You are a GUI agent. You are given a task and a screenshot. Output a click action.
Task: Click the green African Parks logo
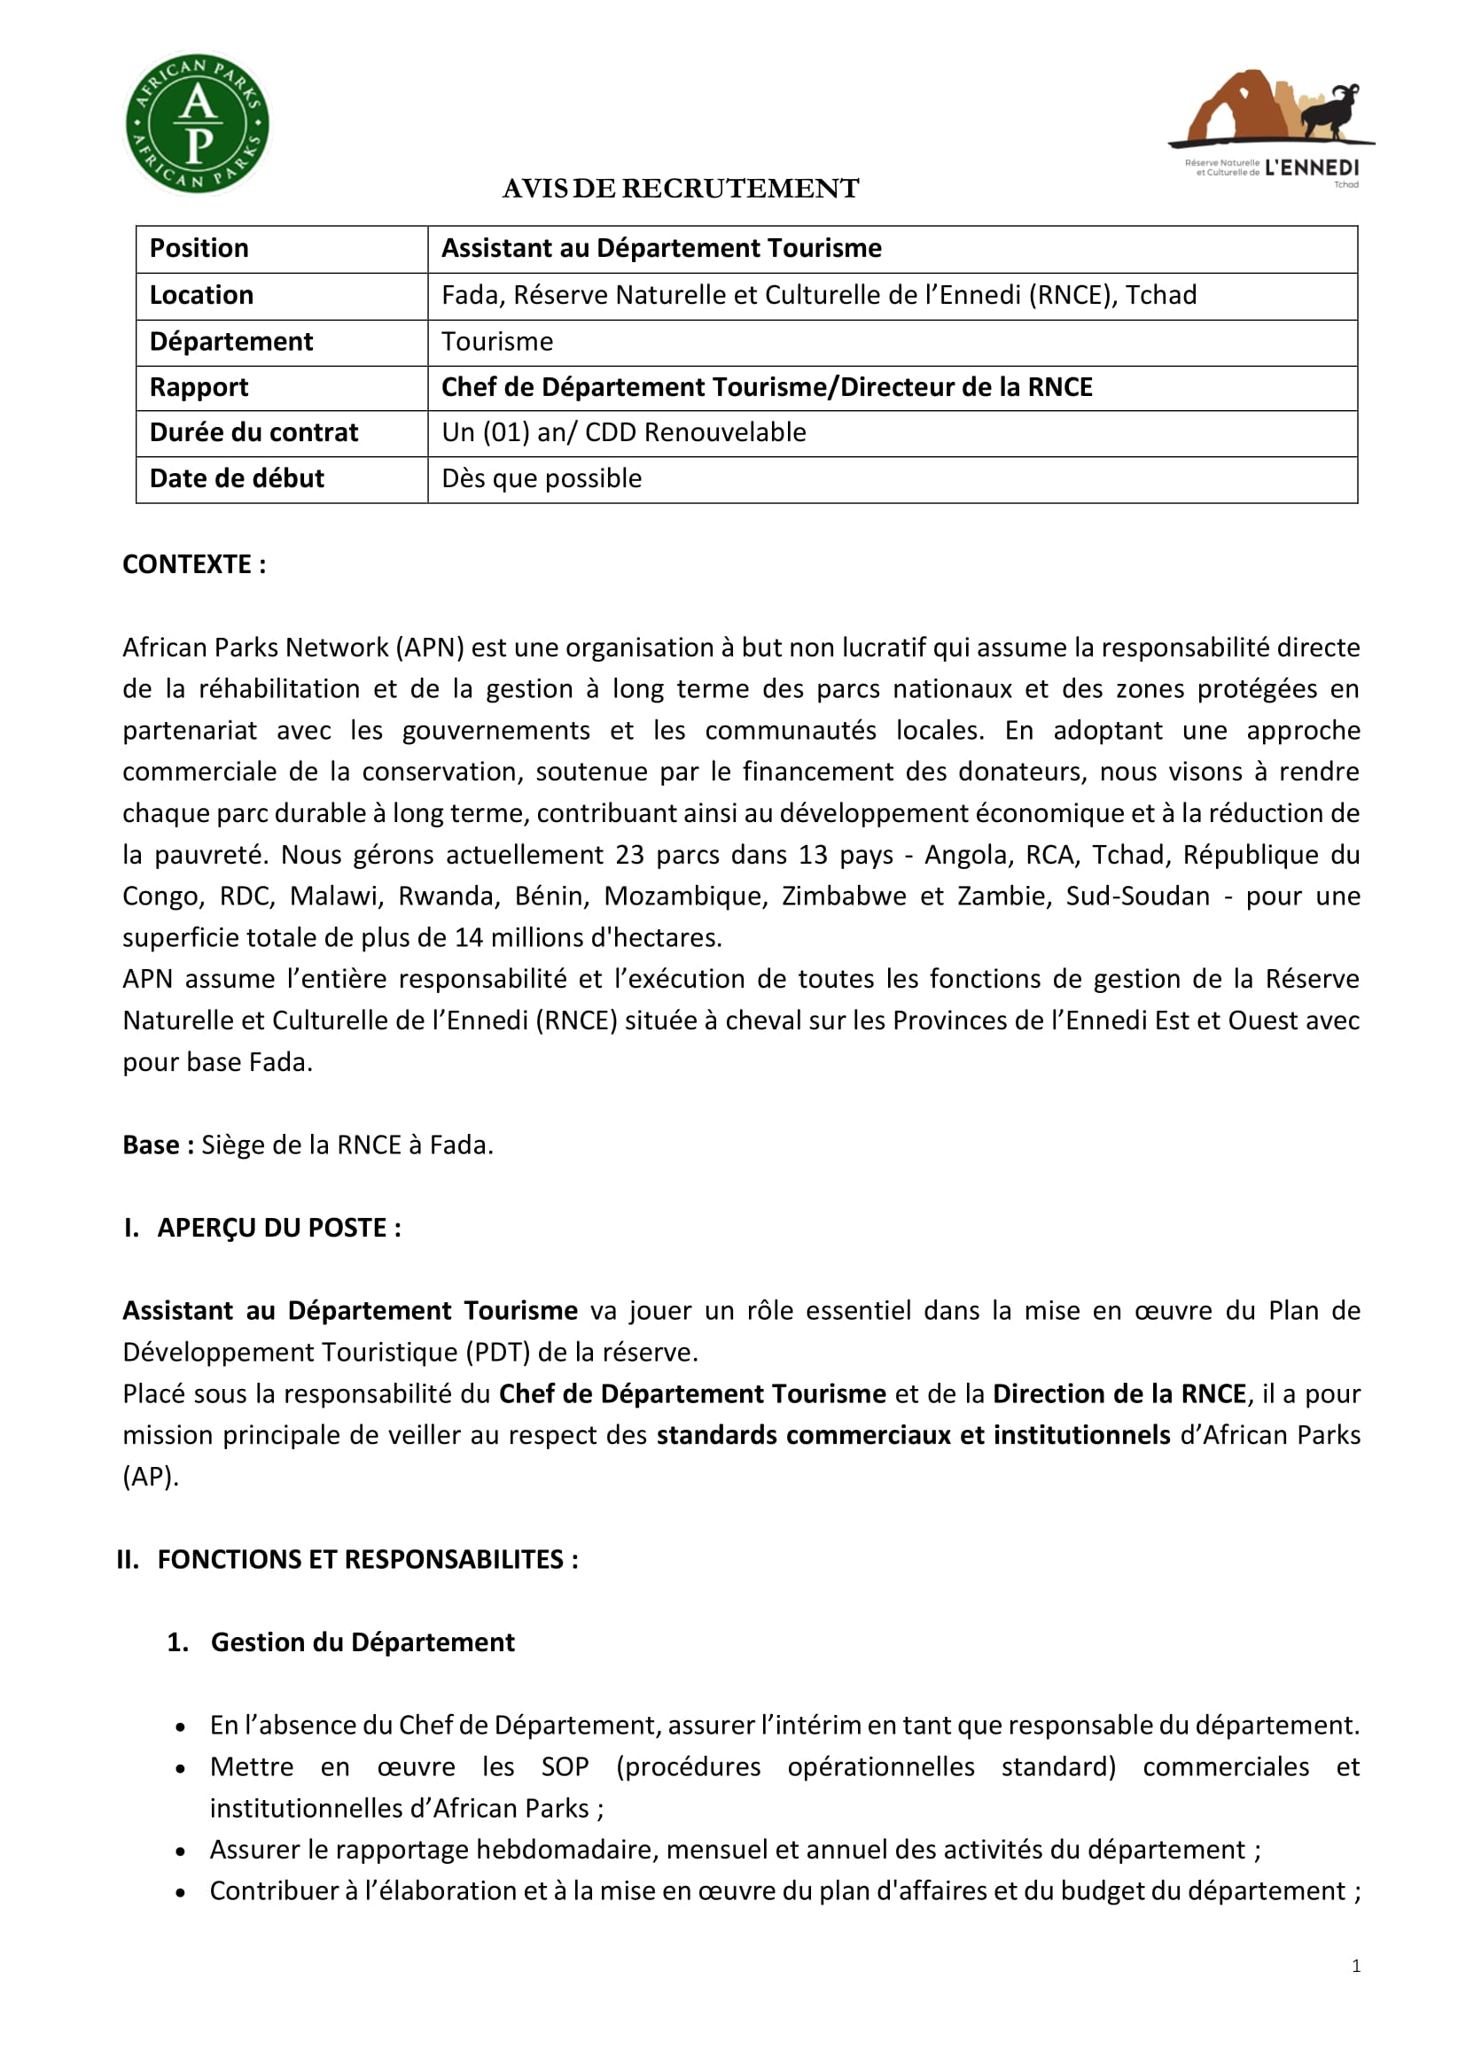coord(197,124)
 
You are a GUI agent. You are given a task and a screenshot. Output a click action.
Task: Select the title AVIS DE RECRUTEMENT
coord(681,189)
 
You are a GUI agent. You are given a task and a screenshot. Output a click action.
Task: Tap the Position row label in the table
coord(199,248)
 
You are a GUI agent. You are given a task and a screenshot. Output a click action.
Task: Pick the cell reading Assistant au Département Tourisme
coord(661,248)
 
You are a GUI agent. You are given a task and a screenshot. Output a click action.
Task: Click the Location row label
coord(201,295)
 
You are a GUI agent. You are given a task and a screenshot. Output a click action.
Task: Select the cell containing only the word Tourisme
coord(497,342)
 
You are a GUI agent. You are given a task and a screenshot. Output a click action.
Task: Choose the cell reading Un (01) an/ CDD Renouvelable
coord(624,432)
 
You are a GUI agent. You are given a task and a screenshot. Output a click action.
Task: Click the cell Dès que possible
coord(542,478)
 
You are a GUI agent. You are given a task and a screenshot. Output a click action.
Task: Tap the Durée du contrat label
coord(253,432)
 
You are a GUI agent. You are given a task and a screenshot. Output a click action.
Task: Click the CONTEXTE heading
coord(194,564)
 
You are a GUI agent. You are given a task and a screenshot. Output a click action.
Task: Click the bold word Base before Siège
coord(157,1145)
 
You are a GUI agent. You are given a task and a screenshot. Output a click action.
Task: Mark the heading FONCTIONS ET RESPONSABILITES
coord(368,1560)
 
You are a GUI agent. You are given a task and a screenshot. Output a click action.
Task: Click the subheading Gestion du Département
coord(362,1642)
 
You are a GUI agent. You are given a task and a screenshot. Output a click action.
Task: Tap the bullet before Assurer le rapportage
coord(182,1851)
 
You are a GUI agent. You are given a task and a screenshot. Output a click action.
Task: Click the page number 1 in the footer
coord(1356,1967)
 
